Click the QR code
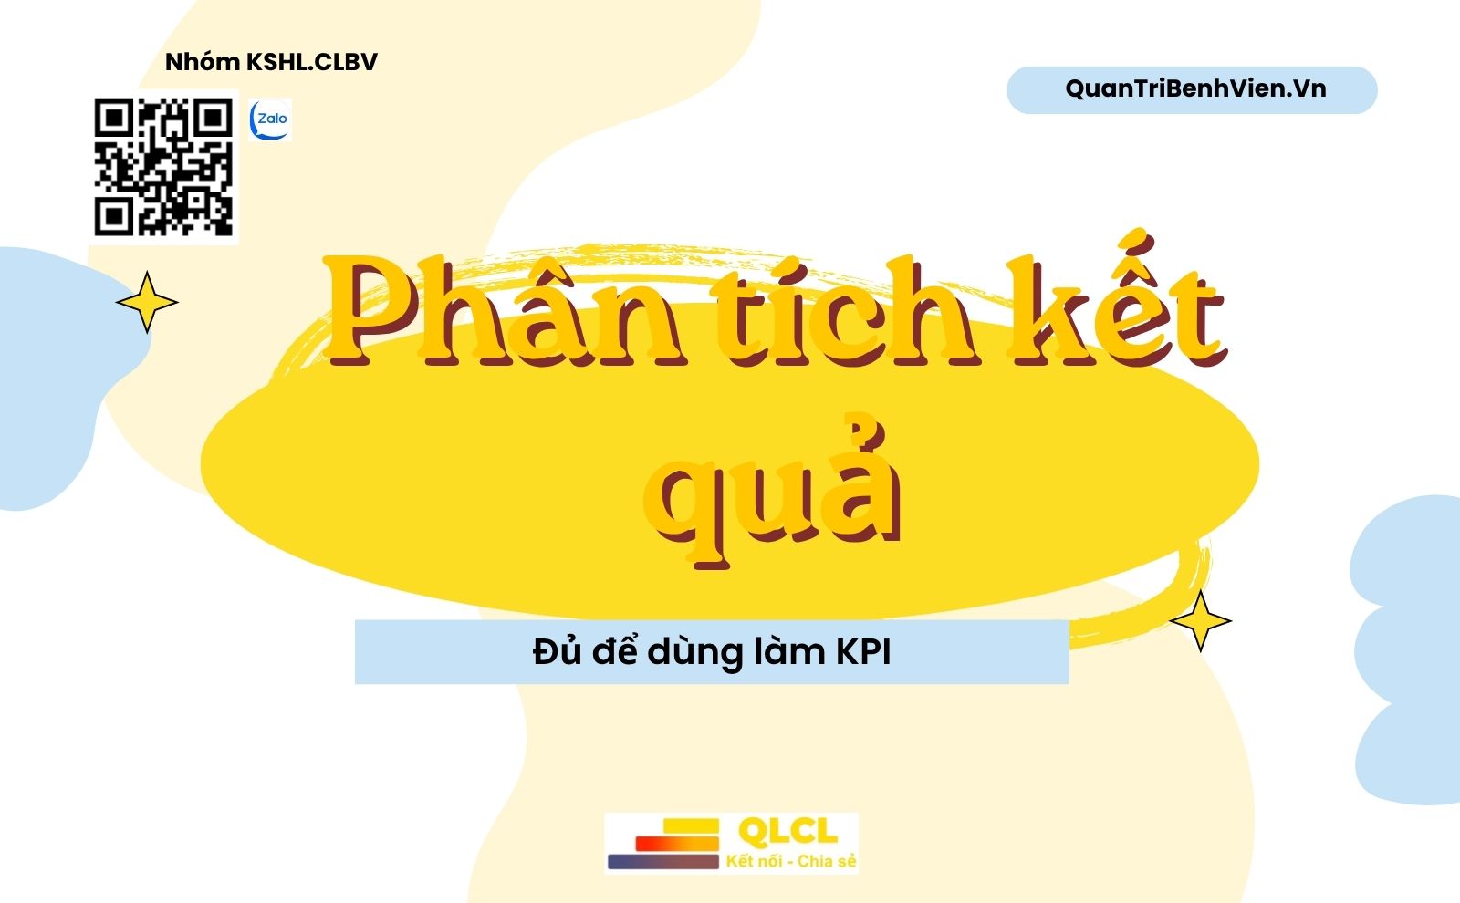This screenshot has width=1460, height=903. point(163,167)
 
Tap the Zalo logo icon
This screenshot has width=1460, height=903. point(270,119)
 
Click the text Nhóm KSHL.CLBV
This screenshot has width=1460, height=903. point(271,62)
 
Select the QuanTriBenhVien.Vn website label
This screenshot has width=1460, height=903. point(1195,88)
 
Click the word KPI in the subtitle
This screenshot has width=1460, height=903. point(863,651)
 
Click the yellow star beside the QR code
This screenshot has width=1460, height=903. point(147,302)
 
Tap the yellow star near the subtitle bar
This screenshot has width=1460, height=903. point(1201,621)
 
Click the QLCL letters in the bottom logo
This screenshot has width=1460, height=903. point(787,831)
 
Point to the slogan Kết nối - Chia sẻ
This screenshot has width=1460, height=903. point(791,861)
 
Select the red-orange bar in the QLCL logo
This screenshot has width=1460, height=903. point(677,843)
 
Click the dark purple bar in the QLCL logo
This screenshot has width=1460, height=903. point(662,862)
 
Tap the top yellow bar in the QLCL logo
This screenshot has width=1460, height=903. point(691,826)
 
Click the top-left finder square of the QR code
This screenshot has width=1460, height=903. point(114,118)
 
